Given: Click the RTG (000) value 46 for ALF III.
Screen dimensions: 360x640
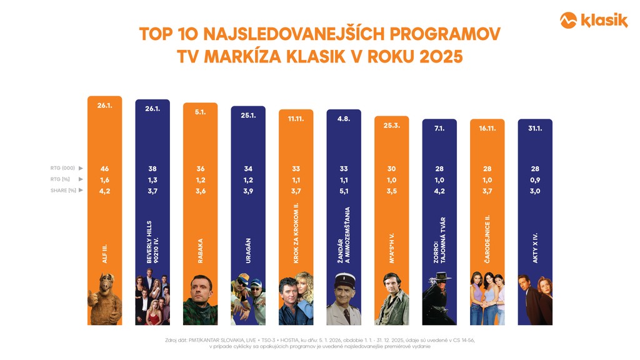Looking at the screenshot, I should click(105, 169).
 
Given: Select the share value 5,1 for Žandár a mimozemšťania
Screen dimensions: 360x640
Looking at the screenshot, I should click(344, 191).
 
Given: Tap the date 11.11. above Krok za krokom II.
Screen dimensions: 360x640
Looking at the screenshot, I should click(296, 118).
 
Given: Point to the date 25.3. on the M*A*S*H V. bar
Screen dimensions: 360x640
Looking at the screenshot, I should click(392, 124).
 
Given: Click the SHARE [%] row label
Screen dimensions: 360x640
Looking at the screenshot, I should click(62, 191).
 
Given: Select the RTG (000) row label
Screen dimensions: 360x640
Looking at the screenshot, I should click(63, 169).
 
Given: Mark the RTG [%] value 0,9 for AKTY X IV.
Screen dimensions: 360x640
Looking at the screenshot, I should click(535, 180).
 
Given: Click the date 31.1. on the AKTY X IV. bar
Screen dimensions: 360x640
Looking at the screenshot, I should click(535, 128).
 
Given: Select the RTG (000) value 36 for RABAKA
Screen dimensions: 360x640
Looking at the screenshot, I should click(200, 169).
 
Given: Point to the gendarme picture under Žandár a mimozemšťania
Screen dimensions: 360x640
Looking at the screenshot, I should click(344, 299).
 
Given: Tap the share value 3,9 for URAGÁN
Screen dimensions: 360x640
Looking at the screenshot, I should click(248, 191).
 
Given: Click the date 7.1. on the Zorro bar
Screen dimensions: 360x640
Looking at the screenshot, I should click(439, 128).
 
